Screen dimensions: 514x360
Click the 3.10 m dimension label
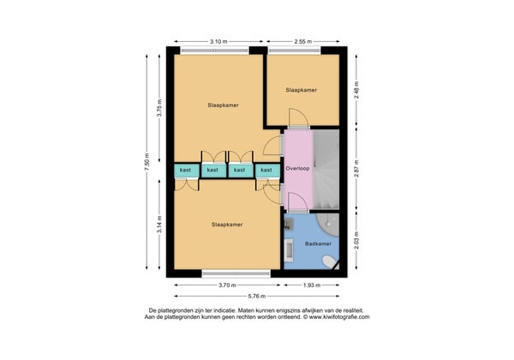click(x=218, y=42)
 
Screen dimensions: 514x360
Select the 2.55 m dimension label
click(x=303, y=42)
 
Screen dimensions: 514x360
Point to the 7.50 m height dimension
click(x=146, y=162)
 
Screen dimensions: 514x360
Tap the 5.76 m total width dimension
click(x=257, y=296)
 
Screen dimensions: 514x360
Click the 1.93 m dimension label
click(x=312, y=285)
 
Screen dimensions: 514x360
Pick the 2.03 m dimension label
click(x=356, y=240)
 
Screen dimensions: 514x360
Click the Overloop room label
click(x=297, y=169)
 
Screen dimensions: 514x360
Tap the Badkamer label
click(x=318, y=243)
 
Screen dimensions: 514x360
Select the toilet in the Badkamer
click(x=329, y=262)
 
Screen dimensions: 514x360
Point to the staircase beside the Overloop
click(x=326, y=169)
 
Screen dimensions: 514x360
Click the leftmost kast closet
click(x=186, y=171)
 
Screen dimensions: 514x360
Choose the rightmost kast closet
click(x=267, y=171)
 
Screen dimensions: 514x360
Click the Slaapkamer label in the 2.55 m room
click(x=302, y=90)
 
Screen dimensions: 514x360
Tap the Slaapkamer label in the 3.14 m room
click(x=227, y=225)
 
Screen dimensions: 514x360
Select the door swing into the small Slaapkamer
click(x=299, y=117)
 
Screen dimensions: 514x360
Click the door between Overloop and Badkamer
click(x=297, y=202)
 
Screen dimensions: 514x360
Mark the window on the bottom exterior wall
click(x=236, y=273)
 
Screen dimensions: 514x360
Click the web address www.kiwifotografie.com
click(x=339, y=317)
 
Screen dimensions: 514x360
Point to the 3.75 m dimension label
click(x=159, y=107)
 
